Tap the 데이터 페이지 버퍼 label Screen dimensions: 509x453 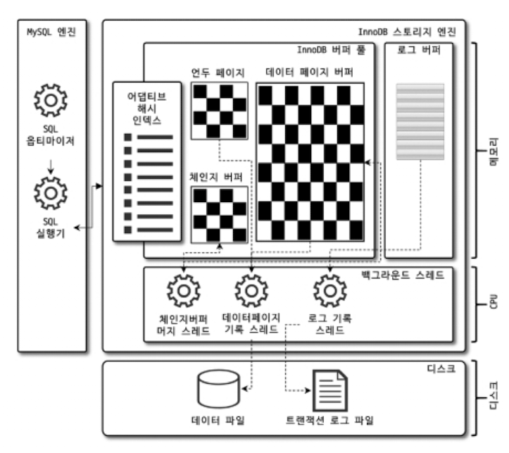pyautogui.click(x=310, y=72)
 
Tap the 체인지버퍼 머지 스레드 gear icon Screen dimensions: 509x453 pyautogui.click(x=185, y=290)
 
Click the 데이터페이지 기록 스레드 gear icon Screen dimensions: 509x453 pyautogui.click(x=251, y=290)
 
